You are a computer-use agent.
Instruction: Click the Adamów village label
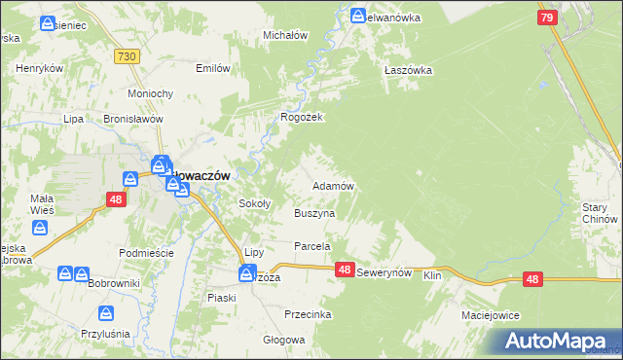(331, 185)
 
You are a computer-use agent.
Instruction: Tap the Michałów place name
(286, 35)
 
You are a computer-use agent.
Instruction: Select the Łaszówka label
(408, 70)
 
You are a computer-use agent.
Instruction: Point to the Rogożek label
(302, 117)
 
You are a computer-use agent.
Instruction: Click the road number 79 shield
(546, 18)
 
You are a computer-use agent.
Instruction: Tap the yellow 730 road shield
(125, 59)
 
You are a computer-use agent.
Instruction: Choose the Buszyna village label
(314, 212)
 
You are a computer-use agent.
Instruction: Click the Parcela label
(313, 247)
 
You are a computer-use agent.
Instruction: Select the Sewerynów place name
(386, 274)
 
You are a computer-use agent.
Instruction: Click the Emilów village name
(213, 68)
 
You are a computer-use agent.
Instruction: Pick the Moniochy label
(151, 93)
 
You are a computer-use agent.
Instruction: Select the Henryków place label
(40, 69)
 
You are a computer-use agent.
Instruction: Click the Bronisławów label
(131, 119)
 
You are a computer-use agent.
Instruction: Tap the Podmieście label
(145, 253)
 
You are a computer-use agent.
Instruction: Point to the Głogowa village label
(284, 341)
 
